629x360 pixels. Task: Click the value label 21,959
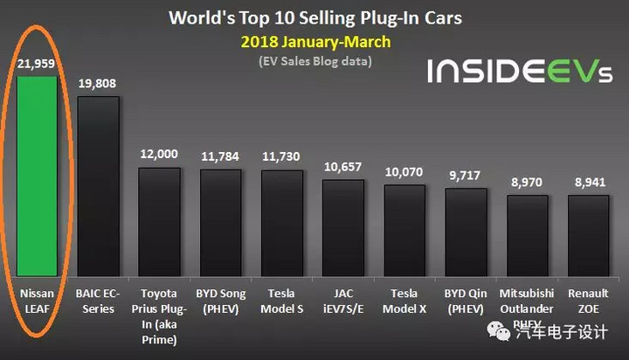pos(36,64)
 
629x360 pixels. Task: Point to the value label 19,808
pos(98,85)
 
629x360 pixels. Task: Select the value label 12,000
pos(159,154)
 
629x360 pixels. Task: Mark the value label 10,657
pos(342,166)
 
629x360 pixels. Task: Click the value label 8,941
pos(588,181)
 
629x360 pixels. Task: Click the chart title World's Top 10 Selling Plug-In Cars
pos(314,17)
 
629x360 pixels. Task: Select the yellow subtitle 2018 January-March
pos(314,41)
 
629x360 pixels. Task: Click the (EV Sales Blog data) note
pos(314,61)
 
